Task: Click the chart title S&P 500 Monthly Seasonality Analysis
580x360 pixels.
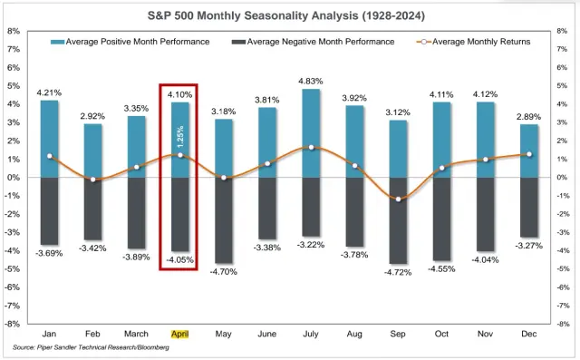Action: [289, 16]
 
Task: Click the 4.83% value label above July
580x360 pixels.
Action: [311, 82]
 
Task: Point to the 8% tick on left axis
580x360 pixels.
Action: [14, 31]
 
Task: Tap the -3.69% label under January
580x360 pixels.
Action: [50, 252]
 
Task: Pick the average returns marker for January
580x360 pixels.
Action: [50, 156]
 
